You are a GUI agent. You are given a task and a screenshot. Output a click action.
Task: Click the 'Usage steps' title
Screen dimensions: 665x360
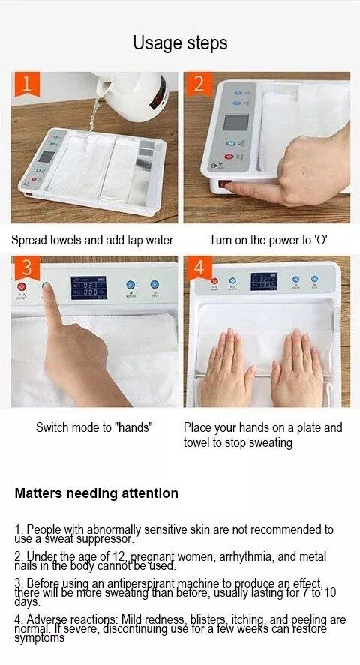pyautogui.click(x=180, y=43)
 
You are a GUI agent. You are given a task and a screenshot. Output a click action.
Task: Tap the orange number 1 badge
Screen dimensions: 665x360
pyautogui.click(x=27, y=85)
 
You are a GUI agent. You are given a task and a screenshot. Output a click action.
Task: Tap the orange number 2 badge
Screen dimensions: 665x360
pyautogui.click(x=198, y=85)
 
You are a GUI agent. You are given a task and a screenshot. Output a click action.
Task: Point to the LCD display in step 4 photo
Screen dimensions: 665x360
pyautogui.click(x=263, y=281)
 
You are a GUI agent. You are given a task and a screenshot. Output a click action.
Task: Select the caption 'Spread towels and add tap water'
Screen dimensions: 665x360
pyautogui.click(x=92, y=241)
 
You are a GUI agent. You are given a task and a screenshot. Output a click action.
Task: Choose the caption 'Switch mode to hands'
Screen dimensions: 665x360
pyautogui.click(x=94, y=427)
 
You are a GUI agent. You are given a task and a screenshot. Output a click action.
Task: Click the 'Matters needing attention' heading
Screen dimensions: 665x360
pyautogui.click(x=97, y=493)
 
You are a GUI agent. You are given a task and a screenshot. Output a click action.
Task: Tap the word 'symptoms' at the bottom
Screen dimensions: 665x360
pyautogui.click(x=39, y=638)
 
